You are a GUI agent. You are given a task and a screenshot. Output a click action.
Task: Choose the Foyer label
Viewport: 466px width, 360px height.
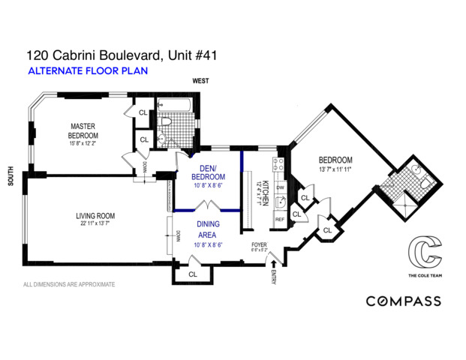(259, 244)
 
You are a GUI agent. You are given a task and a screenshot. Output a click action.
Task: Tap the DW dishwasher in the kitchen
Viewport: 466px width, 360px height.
(280, 187)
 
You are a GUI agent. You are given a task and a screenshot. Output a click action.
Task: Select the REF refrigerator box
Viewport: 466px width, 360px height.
(280, 220)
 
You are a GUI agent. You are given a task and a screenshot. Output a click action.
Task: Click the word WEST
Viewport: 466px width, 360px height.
(200, 80)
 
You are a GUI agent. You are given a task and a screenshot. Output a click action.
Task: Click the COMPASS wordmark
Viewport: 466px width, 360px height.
(403, 301)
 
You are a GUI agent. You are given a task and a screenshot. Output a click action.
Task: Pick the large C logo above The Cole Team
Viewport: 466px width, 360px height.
(421, 253)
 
